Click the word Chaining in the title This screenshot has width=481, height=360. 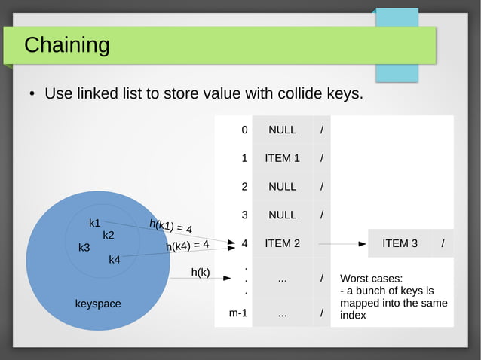click(x=66, y=45)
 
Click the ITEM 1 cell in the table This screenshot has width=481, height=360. click(x=282, y=158)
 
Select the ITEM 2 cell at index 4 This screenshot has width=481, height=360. click(x=282, y=243)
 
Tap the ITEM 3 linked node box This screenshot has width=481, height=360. click(x=400, y=243)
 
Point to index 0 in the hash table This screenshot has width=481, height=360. click(x=244, y=130)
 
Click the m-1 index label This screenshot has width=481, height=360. click(x=238, y=313)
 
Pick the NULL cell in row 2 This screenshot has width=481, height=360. click(x=282, y=187)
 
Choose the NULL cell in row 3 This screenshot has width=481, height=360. click(x=282, y=215)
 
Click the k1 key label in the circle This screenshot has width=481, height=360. click(x=95, y=223)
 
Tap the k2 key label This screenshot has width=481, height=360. click(x=109, y=235)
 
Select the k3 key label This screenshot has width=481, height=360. click(x=84, y=247)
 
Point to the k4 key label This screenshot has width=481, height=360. click(x=115, y=260)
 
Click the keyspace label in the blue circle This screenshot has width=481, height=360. click(x=98, y=304)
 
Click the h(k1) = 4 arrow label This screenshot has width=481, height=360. click(x=170, y=225)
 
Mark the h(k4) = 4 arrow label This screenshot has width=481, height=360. click(x=186, y=245)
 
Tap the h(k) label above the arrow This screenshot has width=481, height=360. click(x=200, y=272)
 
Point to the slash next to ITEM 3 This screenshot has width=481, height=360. click(x=443, y=243)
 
